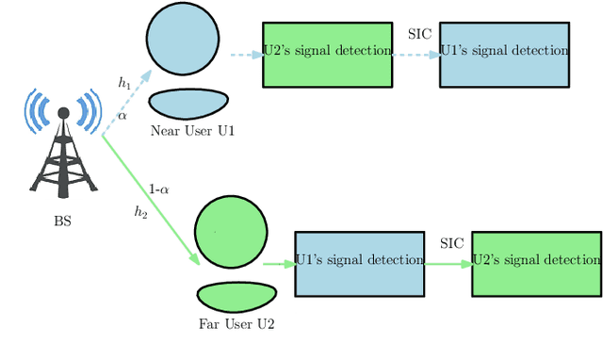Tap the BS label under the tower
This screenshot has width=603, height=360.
(62, 222)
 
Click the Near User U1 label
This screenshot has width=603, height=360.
(192, 131)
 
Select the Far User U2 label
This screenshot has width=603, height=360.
(236, 325)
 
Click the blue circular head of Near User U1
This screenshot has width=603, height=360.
(183, 39)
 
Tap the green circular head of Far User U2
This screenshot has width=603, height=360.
(231, 232)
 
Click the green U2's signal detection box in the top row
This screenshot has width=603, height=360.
(327, 55)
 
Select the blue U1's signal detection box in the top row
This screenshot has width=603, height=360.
(504, 55)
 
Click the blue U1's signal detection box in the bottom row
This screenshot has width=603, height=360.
(359, 264)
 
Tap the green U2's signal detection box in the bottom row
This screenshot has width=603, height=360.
(536, 264)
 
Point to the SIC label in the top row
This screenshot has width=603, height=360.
(419, 34)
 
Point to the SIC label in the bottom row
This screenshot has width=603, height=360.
(452, 243)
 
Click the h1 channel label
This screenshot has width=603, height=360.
(124, 84)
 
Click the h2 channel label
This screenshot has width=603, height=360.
(140, 212)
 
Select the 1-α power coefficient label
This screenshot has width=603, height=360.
(159, 188)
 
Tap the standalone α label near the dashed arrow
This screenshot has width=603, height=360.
(122, 116)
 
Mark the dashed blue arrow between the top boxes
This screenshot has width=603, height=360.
(416, 55)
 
